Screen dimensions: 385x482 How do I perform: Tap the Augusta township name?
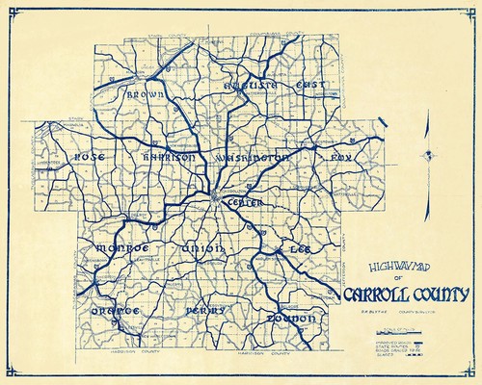pyautogui.click(x=251, y=86)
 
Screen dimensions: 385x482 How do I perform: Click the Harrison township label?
pyautogui.click(x=169, y=156)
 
